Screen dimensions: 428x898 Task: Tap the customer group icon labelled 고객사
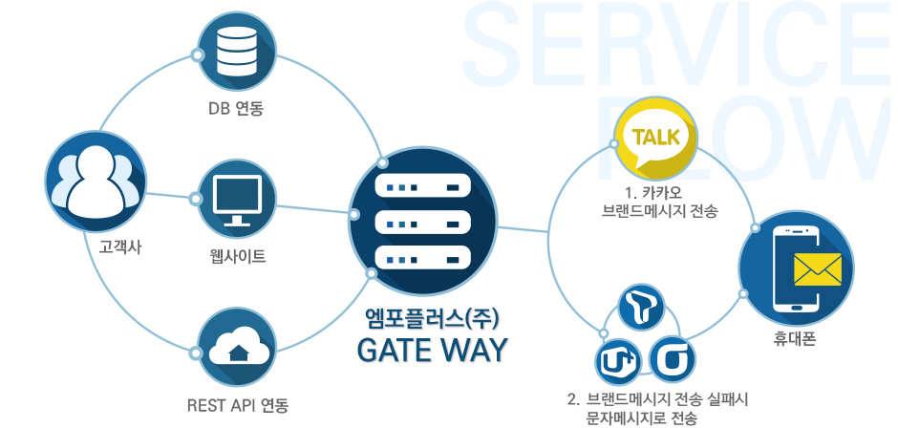[x=96, y=182]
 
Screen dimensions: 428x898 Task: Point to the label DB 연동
[x=236, y=109]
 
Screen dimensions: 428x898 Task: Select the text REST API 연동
[x=238, y=404]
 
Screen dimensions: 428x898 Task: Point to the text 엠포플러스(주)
[x=433, y=317]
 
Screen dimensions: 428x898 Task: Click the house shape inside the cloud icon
[x=237, y=354]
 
